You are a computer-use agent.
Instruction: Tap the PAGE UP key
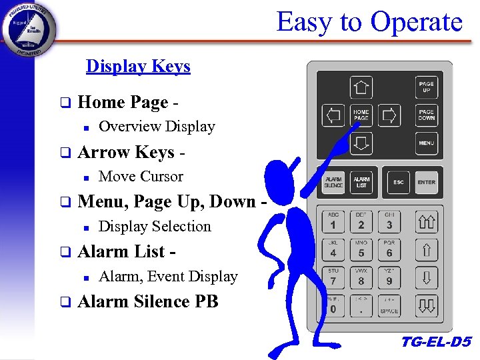click(x=426, y=87)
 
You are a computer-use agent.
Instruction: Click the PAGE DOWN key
click(x=426, y=115)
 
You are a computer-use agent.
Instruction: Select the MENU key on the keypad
click(x=426, y=143)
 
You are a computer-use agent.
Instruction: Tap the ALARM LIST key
click(x=361, y=182)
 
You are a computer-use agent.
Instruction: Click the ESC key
click(x=398, y=182)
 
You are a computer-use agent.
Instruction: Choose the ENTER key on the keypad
click(x=426, y=182)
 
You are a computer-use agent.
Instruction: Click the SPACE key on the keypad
click(x=389, y=306)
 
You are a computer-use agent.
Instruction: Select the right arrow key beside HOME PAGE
click(x=389, y=115)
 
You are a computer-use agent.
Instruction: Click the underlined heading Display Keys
click(x=138, y=66)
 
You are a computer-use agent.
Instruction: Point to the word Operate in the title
click(x=416, y=22)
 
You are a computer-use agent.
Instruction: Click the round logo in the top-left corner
click(x=29, y=29)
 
